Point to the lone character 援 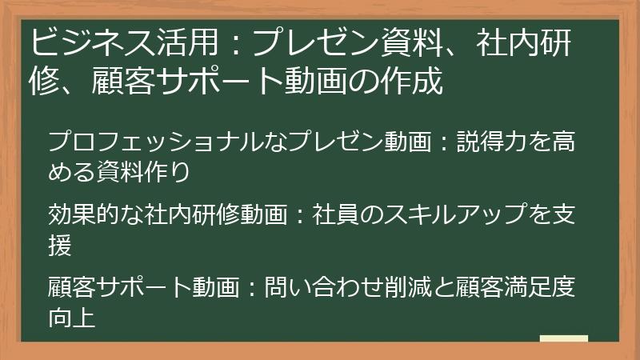click(x=61, y=244)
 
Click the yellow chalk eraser click(x=563, y=338)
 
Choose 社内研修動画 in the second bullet click(x=208, y=215)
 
